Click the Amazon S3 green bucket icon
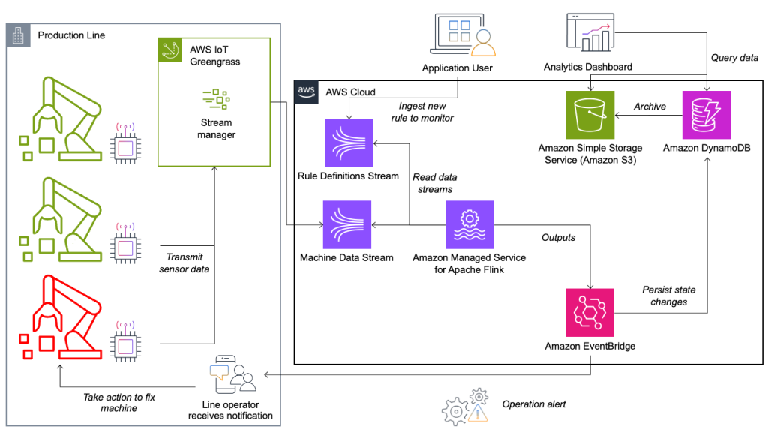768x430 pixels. pyautogui.click(x=589, y=115)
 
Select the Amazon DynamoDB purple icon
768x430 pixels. pyautogui.click(x=706, y=115)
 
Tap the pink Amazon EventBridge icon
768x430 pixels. pyautogui.click(x=589, y=312)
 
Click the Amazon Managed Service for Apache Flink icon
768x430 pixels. pyautogui.click(x=469, y=224)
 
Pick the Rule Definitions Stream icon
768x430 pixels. pyautogui.click(x=347, y=143)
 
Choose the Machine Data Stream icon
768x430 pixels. pyautogui.click(x=347, y=224)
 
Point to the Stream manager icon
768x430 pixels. pyautogui.click(x=216, y=99)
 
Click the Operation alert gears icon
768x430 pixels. pyautogui.click(x=466, y=406)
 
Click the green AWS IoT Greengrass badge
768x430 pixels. pyautogui.click(x=169, y=50)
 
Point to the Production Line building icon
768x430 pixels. pyautogui.click(x=18, y=35)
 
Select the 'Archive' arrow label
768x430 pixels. pyautogui.click(x=649, y=107)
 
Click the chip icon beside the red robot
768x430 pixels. pyautogui.click(x=125, y=344)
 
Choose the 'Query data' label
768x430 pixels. pyautogui.click(x=733, y=58)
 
